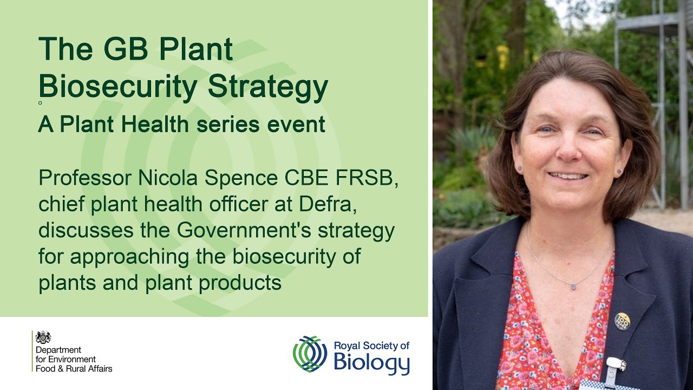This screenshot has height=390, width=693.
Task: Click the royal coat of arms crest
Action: pos(43,337)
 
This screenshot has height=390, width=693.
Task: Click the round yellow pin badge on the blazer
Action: pos(622,321)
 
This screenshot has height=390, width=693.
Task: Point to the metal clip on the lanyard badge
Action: pos(614,368)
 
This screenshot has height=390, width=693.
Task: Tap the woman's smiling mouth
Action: pos(567,175)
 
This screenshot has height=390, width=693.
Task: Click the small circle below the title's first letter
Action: pos(40,102)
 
